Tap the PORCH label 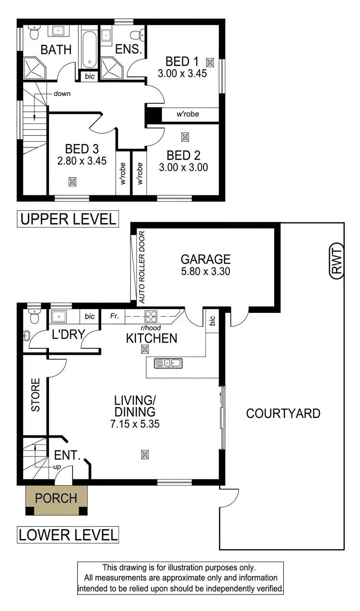pos(56,498)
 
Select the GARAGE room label pos(205,260)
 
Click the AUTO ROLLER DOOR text pos(142,267)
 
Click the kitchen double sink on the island pos(168,363)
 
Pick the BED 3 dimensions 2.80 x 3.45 pos(82,161)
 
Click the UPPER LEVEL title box pos(68,219)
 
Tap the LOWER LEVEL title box pos(68,535)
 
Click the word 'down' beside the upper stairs pos(62,94)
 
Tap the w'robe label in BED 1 pos(188,114)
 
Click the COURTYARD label pos(283,413)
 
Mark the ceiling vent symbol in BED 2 pos(185,137)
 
